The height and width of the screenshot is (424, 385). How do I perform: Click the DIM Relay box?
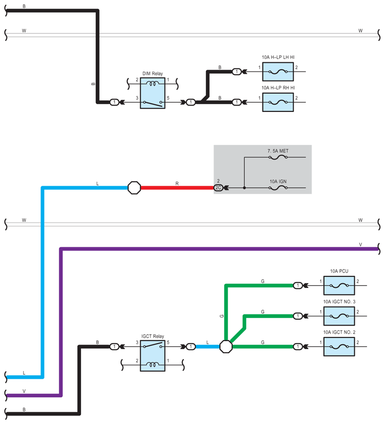pyautogui.click(x=152, y=93)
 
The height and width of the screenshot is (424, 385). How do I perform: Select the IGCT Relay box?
pyautogui.click(x=152, y=356)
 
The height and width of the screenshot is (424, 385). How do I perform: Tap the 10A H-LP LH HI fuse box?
pyautogui.click(x=278, y=72)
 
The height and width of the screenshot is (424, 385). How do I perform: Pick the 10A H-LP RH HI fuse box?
pyautogui.click(x=278, y=102)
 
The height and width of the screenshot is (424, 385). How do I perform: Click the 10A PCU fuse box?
pyautogui.click(x=339, y=285)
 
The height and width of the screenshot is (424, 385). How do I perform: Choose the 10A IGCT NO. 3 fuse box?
pyautogui.click(x=339, y=316)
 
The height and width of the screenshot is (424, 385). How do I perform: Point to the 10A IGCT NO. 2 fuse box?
pyautogui.click(x=339, y=346)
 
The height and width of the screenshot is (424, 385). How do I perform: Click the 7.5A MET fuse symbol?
pyautogui.click(x=278, y=157)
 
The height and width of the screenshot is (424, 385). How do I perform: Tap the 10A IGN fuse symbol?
pyautogui.click(x=278, y=188)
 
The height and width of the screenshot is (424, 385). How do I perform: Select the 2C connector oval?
pyautogui.click(x=218, y=188)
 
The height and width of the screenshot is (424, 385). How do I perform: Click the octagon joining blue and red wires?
pyautogui.click(x=134, y=188)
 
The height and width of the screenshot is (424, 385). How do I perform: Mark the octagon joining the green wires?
pyautogui.click(x=226, y=346)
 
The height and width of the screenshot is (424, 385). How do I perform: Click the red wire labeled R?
pyautogui.click(x=177, y=188)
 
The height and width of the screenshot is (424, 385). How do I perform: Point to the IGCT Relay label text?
pyautogui.click(x=152, y=336)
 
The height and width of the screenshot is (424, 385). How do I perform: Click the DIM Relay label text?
pyautogui.click(x=152, y=73)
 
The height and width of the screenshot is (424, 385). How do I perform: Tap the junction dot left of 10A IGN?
pyautogui.click(x=244, y=188)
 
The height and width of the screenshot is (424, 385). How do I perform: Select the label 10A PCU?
pyautogui.click(x=339, y=271)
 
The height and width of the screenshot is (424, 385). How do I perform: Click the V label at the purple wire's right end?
pyautogui.click(x=360, y=244)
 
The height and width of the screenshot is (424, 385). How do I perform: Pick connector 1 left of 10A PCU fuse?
pyautogui.click(x=298, y=285)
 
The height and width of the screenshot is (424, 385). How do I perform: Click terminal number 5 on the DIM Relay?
pyautogui.click(x=168, y=98)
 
